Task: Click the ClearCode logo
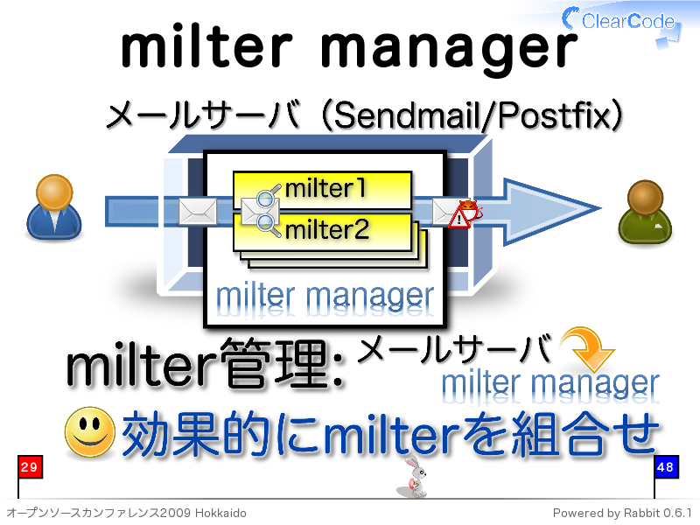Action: (620, 21)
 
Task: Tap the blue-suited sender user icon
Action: (54, 207)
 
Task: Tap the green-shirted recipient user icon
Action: (645, 212)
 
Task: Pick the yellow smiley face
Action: (90, 431)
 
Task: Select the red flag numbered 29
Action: (30, 467)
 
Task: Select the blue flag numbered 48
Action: (666, 467)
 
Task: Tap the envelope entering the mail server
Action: (198, 211)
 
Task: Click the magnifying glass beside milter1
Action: (268, 196)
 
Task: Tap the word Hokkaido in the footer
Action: (220, 513)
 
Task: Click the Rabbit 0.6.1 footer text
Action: (658, 513)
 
